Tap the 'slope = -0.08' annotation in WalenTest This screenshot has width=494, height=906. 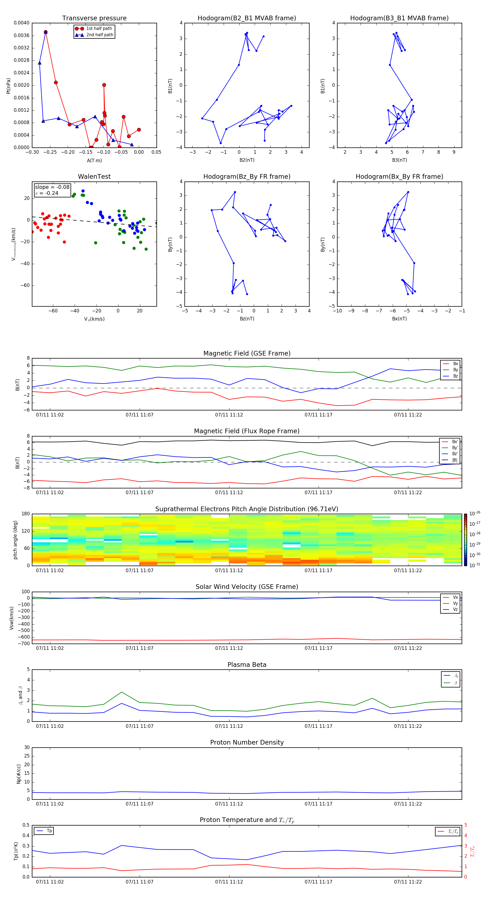pos(52,187)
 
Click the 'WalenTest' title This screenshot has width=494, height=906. pos(94,177)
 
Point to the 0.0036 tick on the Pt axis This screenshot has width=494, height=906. pos(21,35)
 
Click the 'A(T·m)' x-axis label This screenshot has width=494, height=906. pos(94,161)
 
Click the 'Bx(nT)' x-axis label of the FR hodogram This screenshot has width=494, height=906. pos(399,319)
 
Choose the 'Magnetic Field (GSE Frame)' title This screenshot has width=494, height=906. pos(247,353)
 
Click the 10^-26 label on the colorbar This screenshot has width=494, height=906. pos(475,513)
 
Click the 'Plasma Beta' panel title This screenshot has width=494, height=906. pos(247,665)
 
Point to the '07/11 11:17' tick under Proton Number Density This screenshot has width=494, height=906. pos(318,804)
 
